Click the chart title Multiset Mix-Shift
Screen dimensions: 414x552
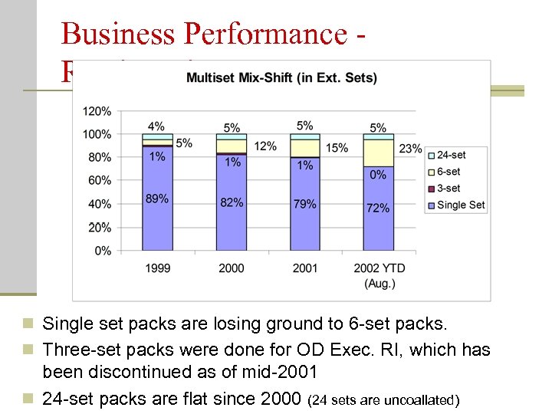(281, 77)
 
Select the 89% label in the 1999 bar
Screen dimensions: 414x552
(156, 199)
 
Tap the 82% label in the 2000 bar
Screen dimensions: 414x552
(232, 202)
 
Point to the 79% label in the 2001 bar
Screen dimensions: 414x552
(304, 203)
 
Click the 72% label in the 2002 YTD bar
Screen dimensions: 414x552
(378, 208)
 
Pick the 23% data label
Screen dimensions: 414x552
(410, 149)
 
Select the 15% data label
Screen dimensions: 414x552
(337, 147)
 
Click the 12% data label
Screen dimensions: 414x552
(265, 146)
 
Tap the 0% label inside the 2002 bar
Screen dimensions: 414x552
(378, 175)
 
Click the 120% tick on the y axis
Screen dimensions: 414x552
(97, 111)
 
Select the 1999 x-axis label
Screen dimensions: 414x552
(156, 268)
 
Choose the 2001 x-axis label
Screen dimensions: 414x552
(304, 268)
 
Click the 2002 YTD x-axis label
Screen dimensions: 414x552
(378, 268)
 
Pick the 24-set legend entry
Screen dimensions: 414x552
(451, 155)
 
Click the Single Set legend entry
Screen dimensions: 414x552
(461, 205)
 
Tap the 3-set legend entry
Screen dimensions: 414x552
(449, 188)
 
